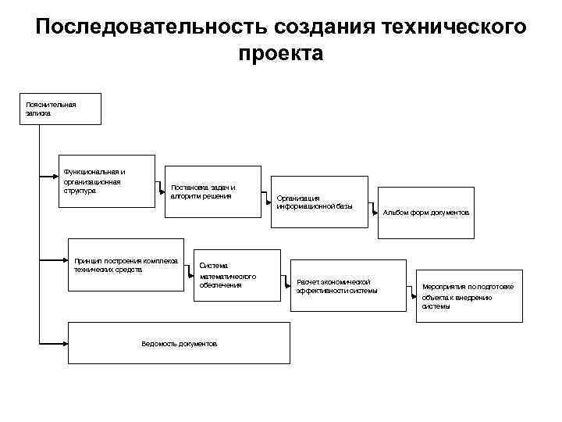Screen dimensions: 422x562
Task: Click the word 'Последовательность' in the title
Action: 152,27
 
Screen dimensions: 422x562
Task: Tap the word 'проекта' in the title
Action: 281,54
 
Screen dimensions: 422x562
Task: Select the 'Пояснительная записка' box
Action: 62,109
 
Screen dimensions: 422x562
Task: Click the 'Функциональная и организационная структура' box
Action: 109,184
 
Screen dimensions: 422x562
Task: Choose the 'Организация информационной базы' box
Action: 319,202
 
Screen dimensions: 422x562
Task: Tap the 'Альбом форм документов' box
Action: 426,213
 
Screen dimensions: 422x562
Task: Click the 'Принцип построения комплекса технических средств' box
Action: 127,263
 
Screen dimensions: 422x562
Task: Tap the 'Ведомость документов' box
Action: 180,343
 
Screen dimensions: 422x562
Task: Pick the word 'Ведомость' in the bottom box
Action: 158,344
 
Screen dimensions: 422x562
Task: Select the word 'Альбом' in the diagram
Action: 395,213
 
